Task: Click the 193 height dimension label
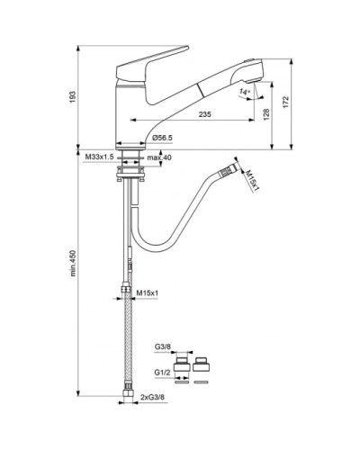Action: coord(73,97)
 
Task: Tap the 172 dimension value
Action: coord(285,102)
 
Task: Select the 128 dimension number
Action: coord(266,114)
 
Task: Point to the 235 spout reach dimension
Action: coord(205,114)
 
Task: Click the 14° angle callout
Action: coord(244,92)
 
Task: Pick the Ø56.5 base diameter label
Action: coord(162,138)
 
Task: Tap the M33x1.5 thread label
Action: coord(99,157)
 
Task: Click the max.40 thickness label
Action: coord(159,157)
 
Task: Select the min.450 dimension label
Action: coord(73,263)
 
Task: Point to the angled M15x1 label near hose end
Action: coord(252,180)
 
